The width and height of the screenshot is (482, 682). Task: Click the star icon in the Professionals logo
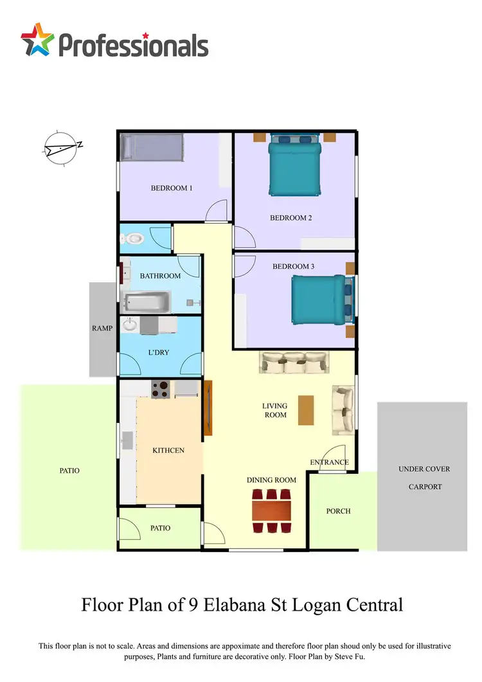(x=37, y=41)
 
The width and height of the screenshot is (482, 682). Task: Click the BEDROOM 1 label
(x=172, y=188)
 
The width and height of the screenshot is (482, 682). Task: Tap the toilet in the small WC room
(x=132, y=238)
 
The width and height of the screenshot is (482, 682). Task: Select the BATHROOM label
(x=160, y=276)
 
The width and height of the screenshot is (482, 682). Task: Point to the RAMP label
(x=102, y=328)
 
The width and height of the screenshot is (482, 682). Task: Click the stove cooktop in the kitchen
(x=160, y=388)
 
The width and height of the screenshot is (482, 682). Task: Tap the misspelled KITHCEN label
(x=168, y=450)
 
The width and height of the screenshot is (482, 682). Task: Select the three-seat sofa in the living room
(x=294, y=363)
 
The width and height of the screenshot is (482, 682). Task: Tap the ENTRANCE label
(x=329, y=462)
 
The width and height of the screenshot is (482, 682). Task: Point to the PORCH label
(x=338, y=511)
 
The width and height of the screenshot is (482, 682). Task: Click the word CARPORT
(x=425, y=487)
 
